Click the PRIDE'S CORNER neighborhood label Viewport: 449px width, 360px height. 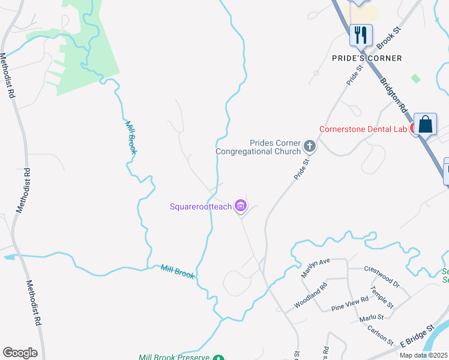coord(367,58)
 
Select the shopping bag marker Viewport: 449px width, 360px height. coord(426,125)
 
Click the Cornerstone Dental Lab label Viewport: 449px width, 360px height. coord(363,129)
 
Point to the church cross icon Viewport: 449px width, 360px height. coord(310,146)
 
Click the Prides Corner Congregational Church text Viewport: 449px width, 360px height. coord(259,147)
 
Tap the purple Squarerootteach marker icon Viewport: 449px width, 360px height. coord(241,207)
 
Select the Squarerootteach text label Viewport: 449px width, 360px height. coord(200,207)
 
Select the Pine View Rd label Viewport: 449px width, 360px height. coord(349,304)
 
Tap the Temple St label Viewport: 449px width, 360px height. coord(381,297)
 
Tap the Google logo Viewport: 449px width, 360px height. coord(20,353)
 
